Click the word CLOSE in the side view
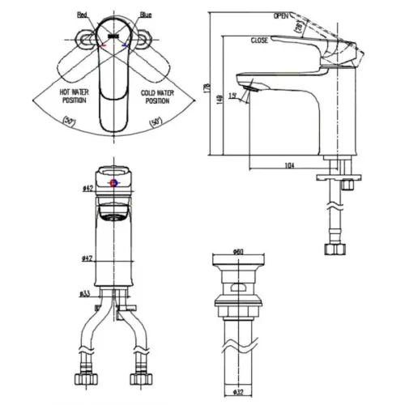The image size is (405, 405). tap(260, 40)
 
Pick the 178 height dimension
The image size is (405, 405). tap(208, 85)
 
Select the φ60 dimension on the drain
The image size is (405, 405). tap(239, 251)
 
